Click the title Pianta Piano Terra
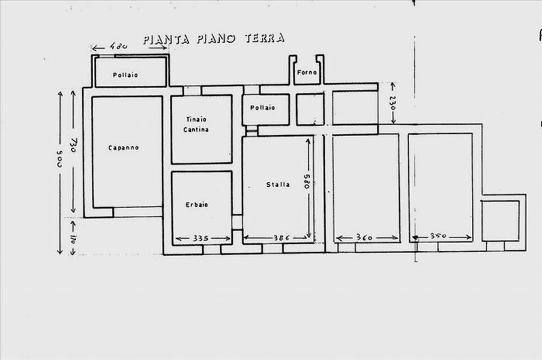point(214,39)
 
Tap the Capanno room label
point(124,148)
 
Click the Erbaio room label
point(197,205)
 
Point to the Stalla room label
point(278,185)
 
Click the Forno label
point(306,72)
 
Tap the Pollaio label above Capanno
point(125,75)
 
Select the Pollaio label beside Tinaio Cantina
point(262,108)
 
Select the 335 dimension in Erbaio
point(201,239)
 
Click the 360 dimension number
point(364,238)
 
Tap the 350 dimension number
point(439,237)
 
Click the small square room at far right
point(500,220)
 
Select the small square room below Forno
point(310,109)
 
